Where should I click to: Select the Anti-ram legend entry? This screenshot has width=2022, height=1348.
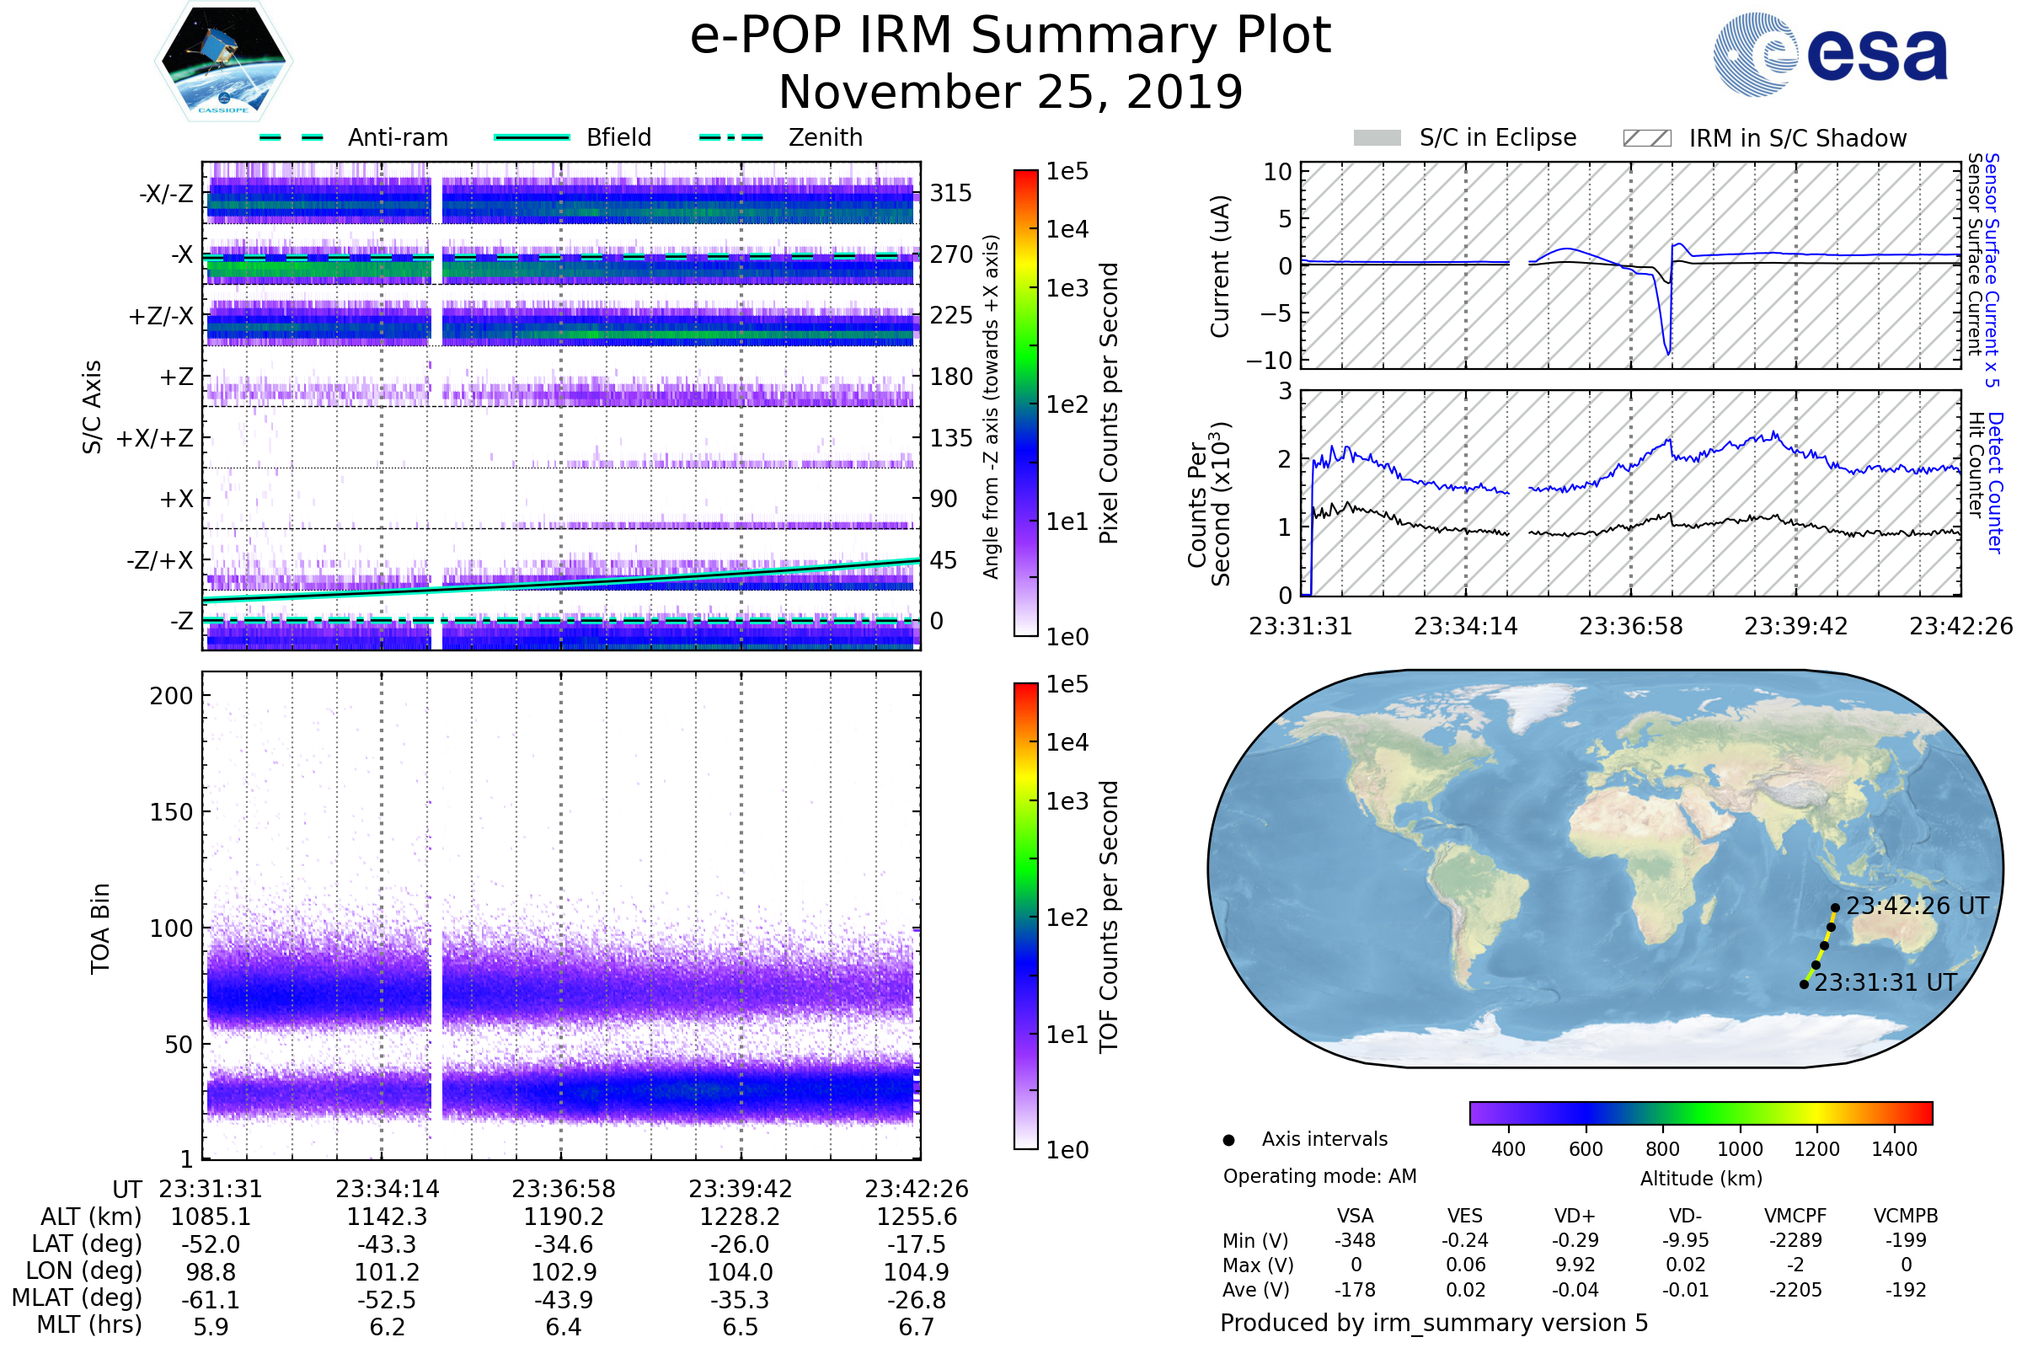[x=354, y=137]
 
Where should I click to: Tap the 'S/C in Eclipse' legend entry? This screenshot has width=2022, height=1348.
[x=1465, y=138]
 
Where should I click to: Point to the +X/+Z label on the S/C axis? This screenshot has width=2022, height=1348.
[x=155, y=438]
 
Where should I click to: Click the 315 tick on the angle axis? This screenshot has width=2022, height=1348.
[x=951, y=194]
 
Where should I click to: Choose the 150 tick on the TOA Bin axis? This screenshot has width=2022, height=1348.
[x=171, y=812]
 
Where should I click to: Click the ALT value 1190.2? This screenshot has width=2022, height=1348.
[x=564, y=1217]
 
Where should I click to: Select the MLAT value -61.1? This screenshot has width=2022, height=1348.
[x=211, y=1300]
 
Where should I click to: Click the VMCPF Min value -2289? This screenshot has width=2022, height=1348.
[x=1795, y=1240]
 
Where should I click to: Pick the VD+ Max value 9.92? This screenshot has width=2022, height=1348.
[x=1575, y=1265]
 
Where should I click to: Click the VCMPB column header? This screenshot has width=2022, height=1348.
[x=1906, y=1217]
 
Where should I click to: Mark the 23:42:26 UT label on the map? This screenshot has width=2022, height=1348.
[x=1918, y=907]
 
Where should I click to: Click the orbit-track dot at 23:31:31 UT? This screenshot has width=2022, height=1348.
[x=1804, y=984]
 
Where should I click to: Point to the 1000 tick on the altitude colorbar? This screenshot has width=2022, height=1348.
[x=1740, y=1149]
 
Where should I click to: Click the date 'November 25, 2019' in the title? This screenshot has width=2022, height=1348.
[x=1011, y=92]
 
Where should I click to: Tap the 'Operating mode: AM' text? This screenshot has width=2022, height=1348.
[x=1319, y=1176]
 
